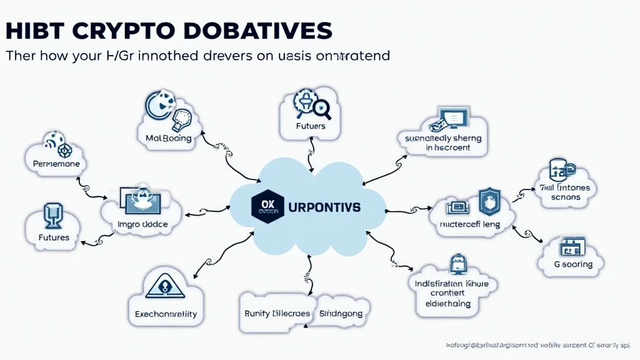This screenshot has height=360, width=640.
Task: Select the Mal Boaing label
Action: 164,138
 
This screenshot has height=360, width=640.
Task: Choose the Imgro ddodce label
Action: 143,223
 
